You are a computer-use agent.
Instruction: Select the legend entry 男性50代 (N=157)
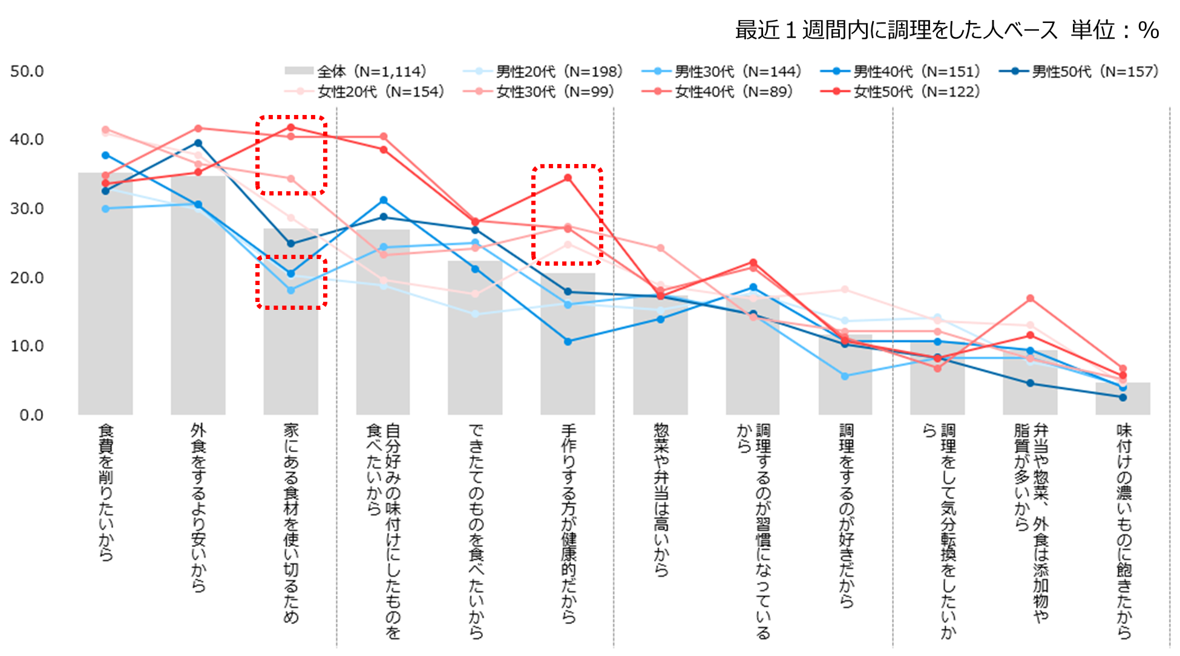(1080, 71)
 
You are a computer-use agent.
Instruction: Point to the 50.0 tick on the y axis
(27, 71)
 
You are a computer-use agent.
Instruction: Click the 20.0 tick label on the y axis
(27, 277)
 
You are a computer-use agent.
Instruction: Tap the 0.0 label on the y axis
(31, 415)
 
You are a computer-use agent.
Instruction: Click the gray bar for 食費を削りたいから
(105, 303)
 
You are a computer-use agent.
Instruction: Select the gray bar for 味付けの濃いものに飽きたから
(1123, 399)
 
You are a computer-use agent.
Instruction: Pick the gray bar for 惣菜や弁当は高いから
(660, 357)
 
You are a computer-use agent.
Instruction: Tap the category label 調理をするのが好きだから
(846, 514)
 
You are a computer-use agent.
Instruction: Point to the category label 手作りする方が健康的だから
(568, 523)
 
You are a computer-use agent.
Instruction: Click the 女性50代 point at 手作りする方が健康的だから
(568, 178)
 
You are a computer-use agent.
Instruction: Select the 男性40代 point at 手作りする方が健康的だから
(568, 342)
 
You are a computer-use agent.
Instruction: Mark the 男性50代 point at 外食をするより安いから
(198, 143)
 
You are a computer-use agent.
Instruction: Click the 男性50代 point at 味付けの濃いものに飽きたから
(1123, 398)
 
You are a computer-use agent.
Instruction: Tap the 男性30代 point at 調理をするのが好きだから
(845, 376)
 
